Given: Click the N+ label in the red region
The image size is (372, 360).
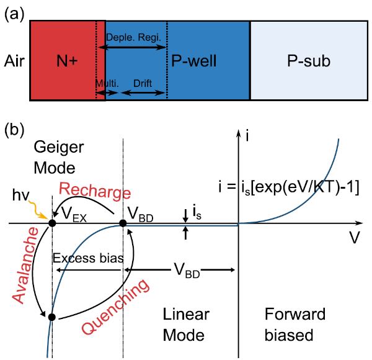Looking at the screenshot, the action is point(67,61).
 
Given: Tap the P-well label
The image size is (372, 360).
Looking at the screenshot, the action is point(194,61).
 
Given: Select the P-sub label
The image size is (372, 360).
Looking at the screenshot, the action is point(309,61).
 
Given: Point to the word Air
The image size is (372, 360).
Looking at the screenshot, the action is point(14,61).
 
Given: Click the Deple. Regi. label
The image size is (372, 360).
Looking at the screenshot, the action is point(133,37).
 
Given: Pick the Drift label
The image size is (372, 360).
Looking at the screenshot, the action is point(143,83).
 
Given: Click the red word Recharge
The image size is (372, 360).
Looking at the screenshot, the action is point(95,192).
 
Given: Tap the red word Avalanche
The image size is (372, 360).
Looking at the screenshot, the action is point(25,265).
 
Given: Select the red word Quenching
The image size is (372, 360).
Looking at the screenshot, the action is point(115,307).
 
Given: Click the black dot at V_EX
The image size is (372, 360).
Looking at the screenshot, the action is point(52,223).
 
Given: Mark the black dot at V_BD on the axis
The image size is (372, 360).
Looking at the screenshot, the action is point(123,223).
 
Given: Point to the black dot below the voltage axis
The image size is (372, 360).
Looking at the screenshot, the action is point(51,317).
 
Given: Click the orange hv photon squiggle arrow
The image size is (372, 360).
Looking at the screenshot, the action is point(38,210).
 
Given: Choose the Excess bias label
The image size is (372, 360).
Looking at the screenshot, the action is point(88,258).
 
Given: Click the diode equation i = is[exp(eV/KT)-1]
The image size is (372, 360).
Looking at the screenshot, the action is point(289,187).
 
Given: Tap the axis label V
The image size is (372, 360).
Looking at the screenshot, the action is point(355,238).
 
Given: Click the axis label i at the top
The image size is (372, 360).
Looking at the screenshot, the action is point(247,136).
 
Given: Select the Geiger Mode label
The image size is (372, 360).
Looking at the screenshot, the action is point(59,158).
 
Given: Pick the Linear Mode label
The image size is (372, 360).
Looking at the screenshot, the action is point(186,325).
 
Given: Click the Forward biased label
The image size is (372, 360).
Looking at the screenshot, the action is point(295,325).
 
